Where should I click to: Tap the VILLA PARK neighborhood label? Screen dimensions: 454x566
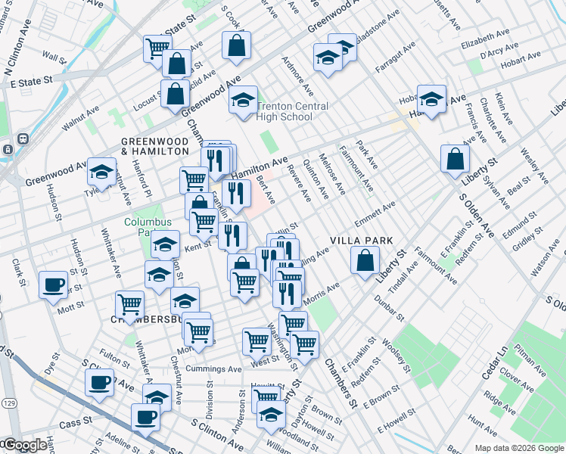coord(362,241)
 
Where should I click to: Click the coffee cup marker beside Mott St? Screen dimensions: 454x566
coord(52,285)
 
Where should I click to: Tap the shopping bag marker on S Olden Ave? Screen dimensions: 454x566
coord(456,158)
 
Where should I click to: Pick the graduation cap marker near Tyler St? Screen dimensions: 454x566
coord(101,172)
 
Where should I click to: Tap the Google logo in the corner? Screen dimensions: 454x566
coord(24,445)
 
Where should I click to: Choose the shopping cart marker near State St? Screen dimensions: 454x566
coord(157,48)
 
